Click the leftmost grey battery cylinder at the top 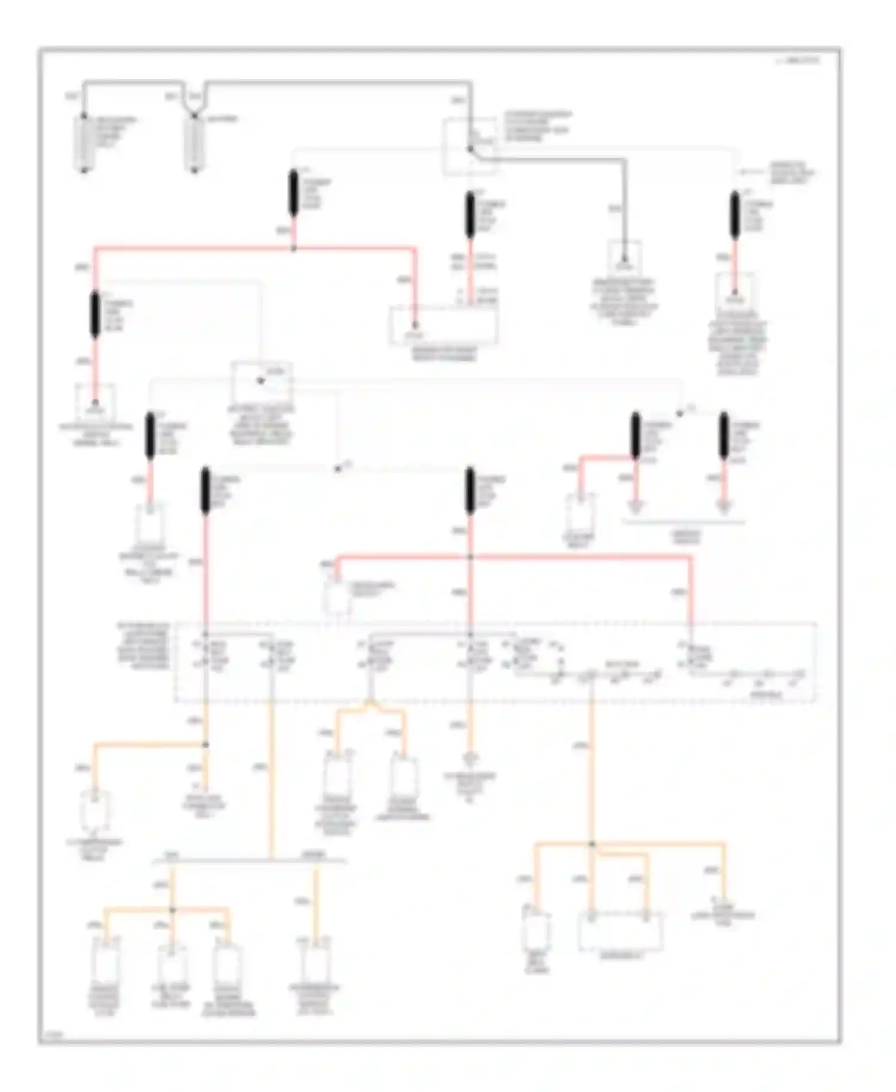[x=84, y=143]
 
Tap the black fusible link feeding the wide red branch [x=293, y=192]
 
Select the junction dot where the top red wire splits [x=293, y=248]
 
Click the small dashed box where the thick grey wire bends [x=470, y=147]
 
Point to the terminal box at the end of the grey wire [x=624, y=257]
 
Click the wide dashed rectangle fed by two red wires [x=444, y=326]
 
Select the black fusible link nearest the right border [x=735, y=216]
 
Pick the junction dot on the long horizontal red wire [x=471, y=557]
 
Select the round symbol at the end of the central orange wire [x=471, y=759]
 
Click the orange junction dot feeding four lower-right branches [x=592, y=844]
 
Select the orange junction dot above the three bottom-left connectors [x=172, y=910]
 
